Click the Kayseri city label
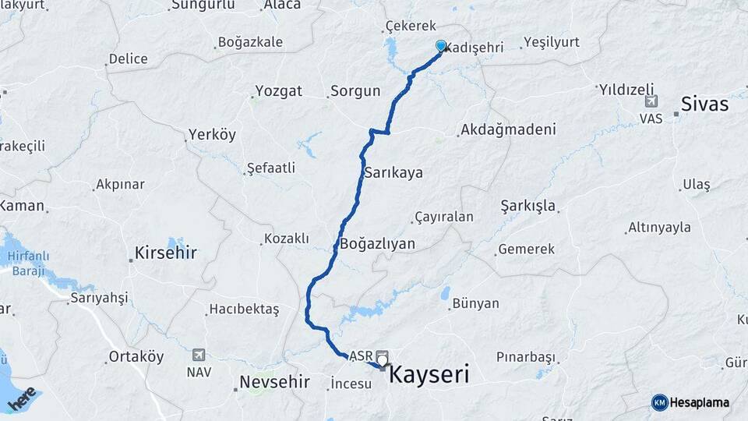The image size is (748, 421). click(429, 375)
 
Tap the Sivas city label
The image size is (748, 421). click(704, 104)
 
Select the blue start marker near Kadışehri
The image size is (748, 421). click(441, 46)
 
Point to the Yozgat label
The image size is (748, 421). click(277, 91)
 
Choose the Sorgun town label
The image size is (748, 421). click(355, 91)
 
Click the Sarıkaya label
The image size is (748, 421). click(393, 172)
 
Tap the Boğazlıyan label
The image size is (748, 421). click(377, 244)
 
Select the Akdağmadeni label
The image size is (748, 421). click(507, 129)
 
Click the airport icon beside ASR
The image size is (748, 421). click(382, 354)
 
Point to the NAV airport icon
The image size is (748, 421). click(199, 355)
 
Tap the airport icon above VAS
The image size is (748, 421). click(651, 101)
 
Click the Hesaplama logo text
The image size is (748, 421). click(699, 402)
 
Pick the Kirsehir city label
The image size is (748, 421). click(165, 253)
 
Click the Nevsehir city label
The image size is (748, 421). click(274, 382)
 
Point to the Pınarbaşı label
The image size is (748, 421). click(526, 357)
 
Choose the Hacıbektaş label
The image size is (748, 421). click(243, 310)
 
